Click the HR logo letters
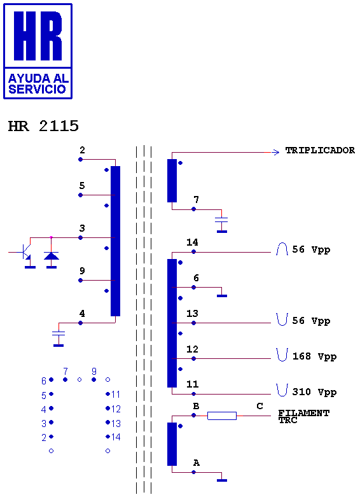(x=38, y=36)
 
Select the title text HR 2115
(x=43, y=126)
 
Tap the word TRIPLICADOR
(x=320, y=150)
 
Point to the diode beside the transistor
(x=52, y=256)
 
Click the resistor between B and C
(x=222, y=416)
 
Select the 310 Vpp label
(x=314, y=393)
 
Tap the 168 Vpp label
(x=314, y=357)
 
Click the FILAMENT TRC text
(x=303, y=416)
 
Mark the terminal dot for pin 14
(x=193, y=251)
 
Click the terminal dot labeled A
(x=193, y=472)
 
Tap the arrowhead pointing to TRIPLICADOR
(x=275, y=153)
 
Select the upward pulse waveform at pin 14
(x=282, y=249)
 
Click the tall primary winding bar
(x=115, y=241)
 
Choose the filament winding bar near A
(x=172, y=444)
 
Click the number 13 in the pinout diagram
(x=116, y=423)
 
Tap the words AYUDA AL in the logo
(x=38, y=78)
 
